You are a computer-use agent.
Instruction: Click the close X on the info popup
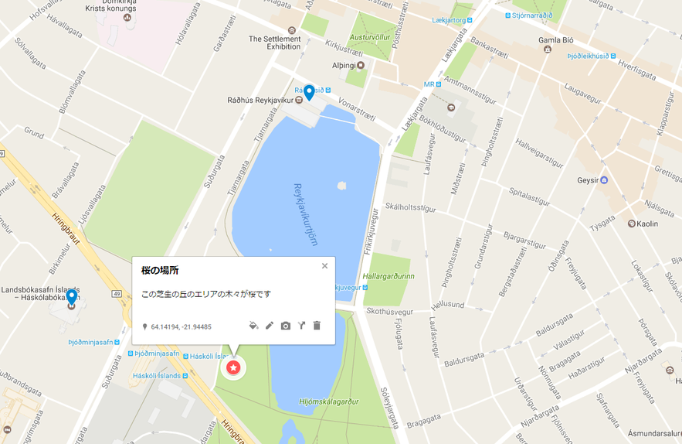click(324, 266)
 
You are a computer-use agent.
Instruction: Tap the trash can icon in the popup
click(317, 326)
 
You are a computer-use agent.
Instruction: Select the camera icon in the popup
click(286, 326)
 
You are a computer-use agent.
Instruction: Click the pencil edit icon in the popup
click(270, 326)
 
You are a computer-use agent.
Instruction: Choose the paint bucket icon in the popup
click(253, 326)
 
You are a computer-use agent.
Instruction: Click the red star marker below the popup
click(232, 367)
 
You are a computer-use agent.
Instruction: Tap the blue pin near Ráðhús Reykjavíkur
click(309, 93)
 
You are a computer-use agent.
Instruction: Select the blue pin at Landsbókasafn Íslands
click(71, 296)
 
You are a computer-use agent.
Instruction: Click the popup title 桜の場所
click(160, 270)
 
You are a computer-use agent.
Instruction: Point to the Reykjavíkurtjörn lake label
click(306, 214)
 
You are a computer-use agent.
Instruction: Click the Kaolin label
click(647, 223)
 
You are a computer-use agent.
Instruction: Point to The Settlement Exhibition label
click(274, 43)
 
